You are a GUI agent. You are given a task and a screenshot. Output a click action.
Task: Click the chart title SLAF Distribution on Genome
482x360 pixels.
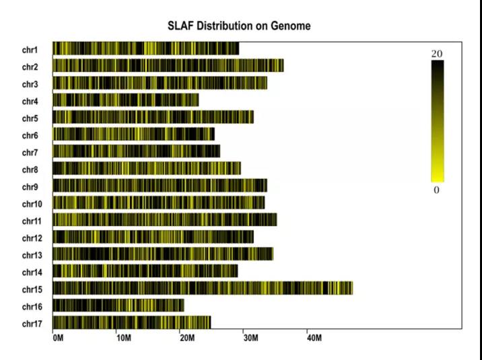(x=240, y=26)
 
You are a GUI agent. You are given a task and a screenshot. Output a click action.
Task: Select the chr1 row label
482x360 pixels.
(x=30, y=49)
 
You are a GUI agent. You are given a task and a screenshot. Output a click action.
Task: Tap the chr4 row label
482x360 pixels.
(x=30, y=101)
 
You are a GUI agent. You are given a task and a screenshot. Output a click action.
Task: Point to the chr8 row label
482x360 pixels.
(x=30, y=170)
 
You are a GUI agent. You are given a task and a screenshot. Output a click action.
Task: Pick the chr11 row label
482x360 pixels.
(x=32, y=221)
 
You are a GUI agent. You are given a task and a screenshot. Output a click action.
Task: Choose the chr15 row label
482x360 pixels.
(x=32, y=289)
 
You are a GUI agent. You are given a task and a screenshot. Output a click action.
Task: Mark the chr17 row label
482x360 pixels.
(x=32, y=324)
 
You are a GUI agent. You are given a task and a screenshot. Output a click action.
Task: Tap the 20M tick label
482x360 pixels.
(x=186, y=337)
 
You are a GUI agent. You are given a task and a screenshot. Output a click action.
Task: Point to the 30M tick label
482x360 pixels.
(x=250, y=337)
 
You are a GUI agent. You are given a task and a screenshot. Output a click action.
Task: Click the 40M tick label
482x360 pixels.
(x=314, y=337)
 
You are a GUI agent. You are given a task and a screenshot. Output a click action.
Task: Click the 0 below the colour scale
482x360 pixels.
(x=436, y=190)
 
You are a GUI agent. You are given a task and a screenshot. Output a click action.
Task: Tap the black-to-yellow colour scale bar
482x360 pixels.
(x=438, y=121)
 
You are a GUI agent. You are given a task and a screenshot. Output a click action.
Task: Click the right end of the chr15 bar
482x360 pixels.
(x=351, y=288)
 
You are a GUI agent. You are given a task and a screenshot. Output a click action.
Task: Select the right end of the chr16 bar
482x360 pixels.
(x=183, y=305)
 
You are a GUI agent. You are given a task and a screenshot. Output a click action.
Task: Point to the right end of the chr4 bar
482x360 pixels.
(x=198, y=100)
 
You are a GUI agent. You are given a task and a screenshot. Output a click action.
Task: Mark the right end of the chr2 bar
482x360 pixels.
(x=283, y=65)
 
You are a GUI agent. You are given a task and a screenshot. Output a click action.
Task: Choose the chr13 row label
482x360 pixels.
(x=32, y=255)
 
